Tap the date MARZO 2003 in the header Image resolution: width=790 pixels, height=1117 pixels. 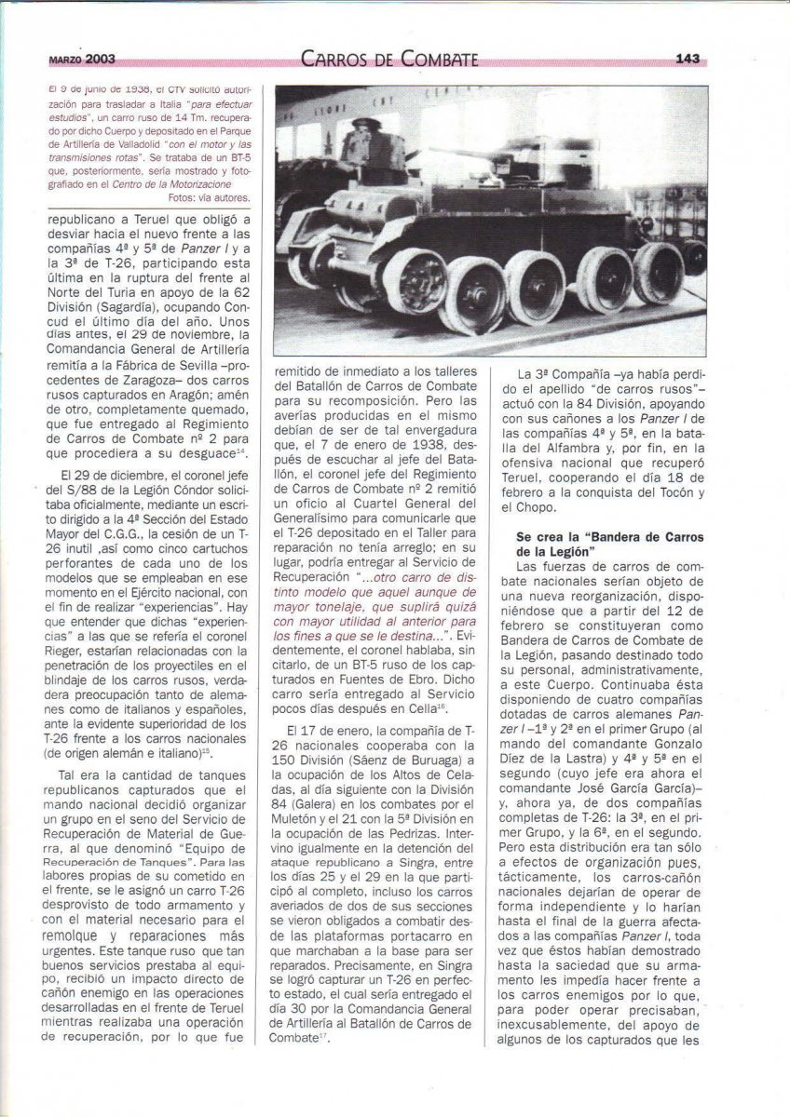(x=82, y=59)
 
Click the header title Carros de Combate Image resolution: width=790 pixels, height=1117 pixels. (x=390, y=60)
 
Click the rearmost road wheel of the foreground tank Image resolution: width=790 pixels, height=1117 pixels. (x=656, y=275)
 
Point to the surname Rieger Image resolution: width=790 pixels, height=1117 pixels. (x=70, y=650)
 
